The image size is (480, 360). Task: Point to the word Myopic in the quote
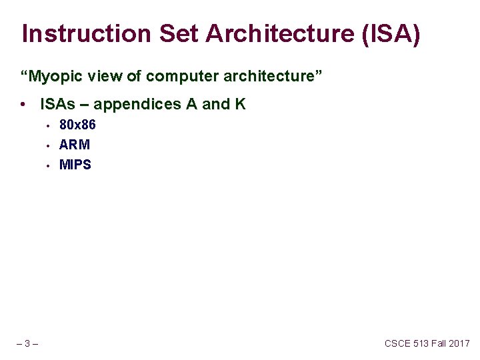point(51,77)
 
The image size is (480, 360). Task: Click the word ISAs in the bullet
point(56,105)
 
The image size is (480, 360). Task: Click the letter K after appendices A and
point(240,105)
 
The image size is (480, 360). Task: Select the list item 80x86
point(77,125)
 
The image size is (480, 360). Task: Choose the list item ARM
point(75,145)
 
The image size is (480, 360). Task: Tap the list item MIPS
point(75,165)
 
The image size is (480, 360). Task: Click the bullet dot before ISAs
point(23,105)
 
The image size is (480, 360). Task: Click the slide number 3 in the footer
point(27,344)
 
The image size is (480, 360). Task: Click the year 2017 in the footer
point(459,344)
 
